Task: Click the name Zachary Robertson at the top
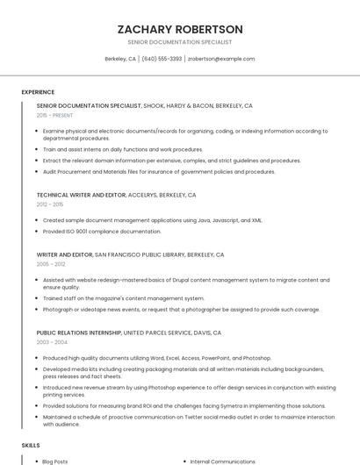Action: (x=180, y=29)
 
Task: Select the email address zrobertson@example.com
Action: (x=221, y=59)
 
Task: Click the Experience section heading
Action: (x=38, y=92)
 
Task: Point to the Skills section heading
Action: (x=31, y=446)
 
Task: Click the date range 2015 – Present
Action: (x=55, y=115)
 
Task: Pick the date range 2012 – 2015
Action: (x=51, y=204)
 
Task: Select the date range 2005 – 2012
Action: (x=51, y=263)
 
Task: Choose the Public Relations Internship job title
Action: (x=78, y=333)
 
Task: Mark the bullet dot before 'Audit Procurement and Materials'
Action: (x=38, y=172)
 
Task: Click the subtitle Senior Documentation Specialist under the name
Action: (x=180, y=42)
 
